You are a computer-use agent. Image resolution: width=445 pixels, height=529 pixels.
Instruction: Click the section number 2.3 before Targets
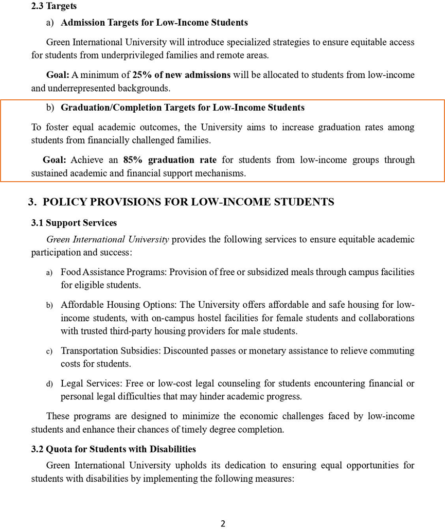(38, 6)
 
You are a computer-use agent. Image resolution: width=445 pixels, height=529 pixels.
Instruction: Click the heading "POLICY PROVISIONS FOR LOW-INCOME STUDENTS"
(188, 202)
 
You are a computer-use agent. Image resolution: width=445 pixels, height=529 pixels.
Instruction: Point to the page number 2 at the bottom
(223, 524)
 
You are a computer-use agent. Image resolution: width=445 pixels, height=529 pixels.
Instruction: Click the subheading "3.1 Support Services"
(74, 223)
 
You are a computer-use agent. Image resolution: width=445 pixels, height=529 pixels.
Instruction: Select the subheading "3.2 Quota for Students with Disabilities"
(114, 449)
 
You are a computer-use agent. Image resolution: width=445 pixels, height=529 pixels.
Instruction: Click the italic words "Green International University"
(108, 239)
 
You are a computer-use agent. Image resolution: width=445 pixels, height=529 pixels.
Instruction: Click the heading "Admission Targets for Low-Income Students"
(154, 23)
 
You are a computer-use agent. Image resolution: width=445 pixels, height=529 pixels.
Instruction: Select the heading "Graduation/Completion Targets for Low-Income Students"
(183, 108)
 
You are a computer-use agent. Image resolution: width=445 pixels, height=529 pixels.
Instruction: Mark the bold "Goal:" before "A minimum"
(58, 75)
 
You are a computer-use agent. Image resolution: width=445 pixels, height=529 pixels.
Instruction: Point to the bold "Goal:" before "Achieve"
(55, 160)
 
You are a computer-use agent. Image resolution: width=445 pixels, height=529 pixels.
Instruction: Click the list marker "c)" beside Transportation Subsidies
(49, 351)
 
